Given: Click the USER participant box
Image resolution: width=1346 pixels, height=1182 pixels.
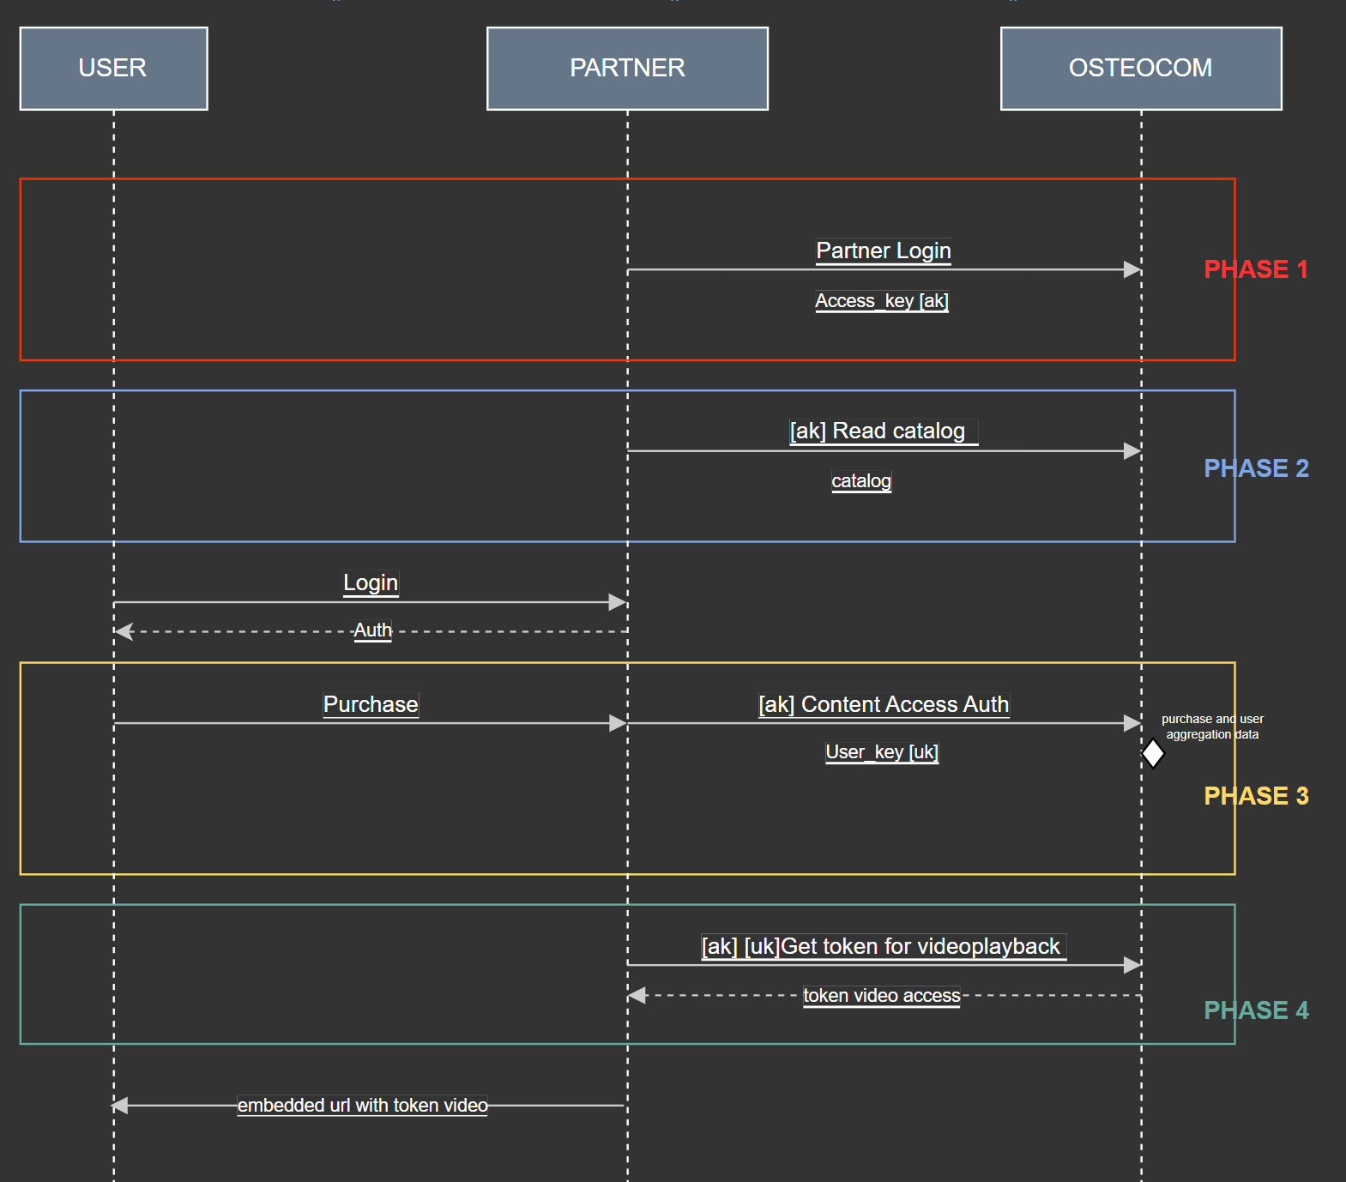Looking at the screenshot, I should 113,69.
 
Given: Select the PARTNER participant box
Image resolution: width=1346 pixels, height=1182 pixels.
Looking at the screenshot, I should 627,69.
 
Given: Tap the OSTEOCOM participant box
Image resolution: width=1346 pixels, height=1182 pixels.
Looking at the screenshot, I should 1140,69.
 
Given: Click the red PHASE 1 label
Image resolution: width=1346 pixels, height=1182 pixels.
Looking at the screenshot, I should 1256,269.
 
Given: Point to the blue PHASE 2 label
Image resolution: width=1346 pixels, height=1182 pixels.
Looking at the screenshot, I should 1256,468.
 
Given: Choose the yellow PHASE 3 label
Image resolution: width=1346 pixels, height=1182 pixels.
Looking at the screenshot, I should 1256,796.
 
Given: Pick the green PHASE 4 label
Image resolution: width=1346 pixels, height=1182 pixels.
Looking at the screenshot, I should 1256,1010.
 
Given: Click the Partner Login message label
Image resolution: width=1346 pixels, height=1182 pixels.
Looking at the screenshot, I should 883,250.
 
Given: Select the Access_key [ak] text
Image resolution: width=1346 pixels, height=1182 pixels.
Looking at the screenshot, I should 881,301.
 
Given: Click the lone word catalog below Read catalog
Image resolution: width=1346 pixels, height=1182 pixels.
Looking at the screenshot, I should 860,481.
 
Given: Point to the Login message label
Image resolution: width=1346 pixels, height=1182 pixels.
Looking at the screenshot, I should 371,583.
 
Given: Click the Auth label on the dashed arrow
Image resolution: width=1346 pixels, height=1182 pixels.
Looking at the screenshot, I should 373,630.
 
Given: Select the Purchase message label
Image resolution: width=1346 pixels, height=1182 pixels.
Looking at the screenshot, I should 371,704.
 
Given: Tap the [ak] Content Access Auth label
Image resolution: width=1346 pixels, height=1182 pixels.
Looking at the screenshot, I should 884,704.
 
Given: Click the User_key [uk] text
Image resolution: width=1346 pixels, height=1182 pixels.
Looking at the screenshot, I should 881,752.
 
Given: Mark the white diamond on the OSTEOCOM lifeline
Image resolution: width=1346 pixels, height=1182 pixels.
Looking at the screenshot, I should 1153,754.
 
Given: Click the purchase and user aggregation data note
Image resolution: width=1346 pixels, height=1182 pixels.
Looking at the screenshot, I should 1211,727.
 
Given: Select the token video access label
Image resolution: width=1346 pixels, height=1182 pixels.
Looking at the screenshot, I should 881,996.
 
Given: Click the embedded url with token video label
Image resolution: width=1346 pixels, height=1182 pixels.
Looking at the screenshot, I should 362,1106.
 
